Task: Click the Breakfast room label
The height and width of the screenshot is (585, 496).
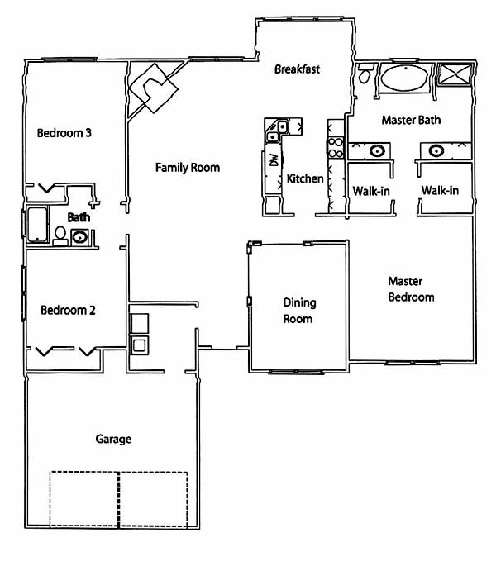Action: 297,69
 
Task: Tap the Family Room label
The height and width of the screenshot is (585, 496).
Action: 188,168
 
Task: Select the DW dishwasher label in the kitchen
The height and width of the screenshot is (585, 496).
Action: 274,159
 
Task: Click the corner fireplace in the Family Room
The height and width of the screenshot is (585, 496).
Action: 153,88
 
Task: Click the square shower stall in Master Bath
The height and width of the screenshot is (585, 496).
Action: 455,74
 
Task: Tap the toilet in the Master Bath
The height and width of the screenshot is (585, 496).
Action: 365,73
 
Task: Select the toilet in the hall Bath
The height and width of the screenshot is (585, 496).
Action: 60,235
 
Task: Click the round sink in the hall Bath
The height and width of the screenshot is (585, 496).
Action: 79,237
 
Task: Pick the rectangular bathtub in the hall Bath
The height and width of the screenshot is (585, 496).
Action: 37,224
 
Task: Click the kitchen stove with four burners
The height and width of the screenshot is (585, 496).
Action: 335,147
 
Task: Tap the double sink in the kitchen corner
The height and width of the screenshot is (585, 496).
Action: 277,131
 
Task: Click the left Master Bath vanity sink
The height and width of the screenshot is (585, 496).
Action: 377,151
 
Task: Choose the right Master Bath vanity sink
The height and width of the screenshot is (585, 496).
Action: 436,150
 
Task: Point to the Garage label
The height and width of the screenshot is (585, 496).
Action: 113,439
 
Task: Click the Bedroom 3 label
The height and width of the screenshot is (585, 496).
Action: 64,133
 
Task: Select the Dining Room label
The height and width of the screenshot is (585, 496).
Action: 299,311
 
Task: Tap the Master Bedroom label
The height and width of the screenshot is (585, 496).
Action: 411,289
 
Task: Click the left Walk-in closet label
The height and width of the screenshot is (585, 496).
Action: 371,192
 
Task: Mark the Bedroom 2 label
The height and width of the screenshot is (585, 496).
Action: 68,310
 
